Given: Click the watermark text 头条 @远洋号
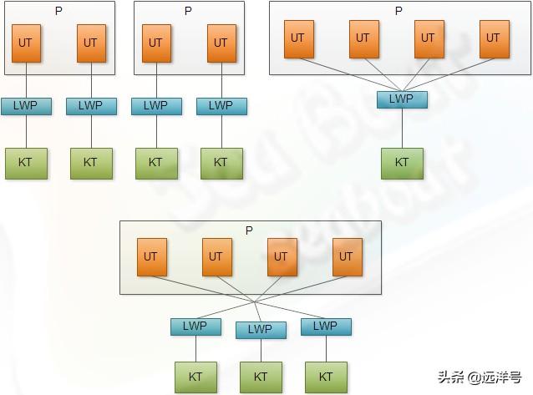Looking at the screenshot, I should click(x=480, y=377).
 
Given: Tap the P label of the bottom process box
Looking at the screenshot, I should click(x=249, y=230).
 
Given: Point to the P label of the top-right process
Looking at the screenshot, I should click(x=398, y=11).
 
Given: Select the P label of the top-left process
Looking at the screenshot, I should click(x=58, y=11).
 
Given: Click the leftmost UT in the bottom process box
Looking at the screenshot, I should click(x=150, y=257).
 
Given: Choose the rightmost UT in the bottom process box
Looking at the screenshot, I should click(x=346, y=257).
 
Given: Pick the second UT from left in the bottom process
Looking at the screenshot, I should click(x=216, y=257).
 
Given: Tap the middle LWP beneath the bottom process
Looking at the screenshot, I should click(x=260, y=329).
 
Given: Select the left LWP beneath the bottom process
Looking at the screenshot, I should click(x=195, y=326).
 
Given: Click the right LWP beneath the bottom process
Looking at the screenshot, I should click(x=325, y=326).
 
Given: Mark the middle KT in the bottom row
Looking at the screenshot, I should click(x=260, y=377).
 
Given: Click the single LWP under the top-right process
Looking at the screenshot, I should click(x=401, y=99).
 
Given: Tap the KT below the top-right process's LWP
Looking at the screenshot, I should click(x=401, y=162).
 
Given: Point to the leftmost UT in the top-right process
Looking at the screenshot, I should click(x=297, y=38).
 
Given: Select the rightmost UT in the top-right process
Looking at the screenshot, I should click(x=493, y=38).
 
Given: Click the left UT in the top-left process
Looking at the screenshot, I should click(x=26, y=43).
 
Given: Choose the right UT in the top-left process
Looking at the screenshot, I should click(x=90, y=43).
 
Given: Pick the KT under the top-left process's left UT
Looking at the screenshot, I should click(x=25, y=162).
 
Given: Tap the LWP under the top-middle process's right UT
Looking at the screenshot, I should click(x=221, y=106).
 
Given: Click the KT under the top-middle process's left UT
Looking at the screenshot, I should click(x=155, y=162).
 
